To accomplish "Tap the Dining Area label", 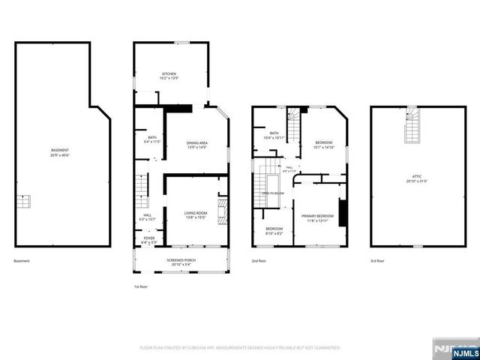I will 196,145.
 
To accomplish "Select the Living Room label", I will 196,215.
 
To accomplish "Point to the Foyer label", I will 148,240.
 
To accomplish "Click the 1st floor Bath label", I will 152,139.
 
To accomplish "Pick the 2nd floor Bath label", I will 273,136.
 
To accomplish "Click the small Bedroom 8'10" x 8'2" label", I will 274,230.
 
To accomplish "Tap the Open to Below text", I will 272,193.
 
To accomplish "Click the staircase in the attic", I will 412,126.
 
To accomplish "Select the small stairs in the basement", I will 25,202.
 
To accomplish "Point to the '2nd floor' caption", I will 259,260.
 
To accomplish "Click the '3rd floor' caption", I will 378,260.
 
